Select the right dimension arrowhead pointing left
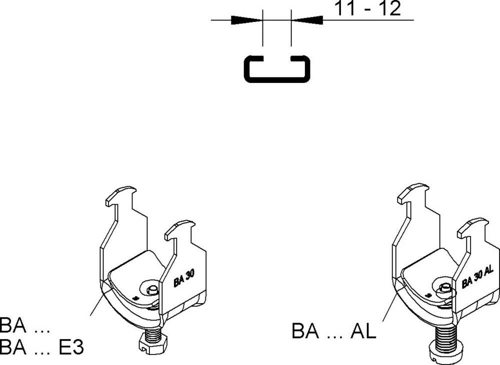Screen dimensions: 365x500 [306, 20]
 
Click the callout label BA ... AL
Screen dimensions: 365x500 [333, 332]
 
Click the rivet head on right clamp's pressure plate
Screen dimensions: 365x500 [443, 287]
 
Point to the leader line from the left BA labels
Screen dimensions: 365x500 [97, 303]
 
